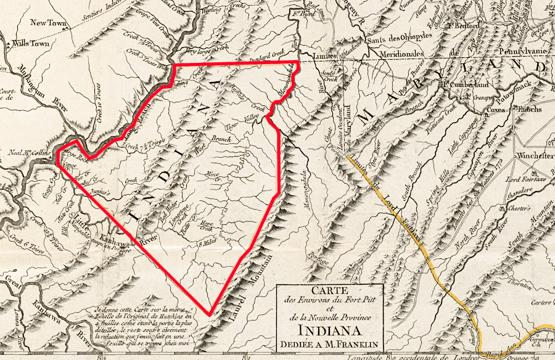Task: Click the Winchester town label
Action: click(x=535, y=155)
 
